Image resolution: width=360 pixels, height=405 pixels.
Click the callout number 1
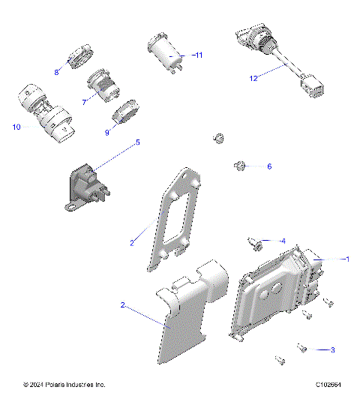(346, 259)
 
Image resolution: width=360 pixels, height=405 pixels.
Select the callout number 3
(332, 349)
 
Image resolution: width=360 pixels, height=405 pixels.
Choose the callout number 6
(269, 166)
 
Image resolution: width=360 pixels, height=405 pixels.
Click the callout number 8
(55, 72)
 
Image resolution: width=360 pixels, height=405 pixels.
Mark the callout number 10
(16, 127)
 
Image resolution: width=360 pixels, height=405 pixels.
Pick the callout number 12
(253, 77)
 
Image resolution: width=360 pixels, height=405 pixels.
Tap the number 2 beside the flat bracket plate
(131, 242)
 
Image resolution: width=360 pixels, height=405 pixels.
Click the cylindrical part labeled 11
(166, 54)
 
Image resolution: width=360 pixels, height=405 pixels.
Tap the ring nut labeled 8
(79, 58)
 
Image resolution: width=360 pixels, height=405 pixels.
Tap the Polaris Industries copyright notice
(64, 385)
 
